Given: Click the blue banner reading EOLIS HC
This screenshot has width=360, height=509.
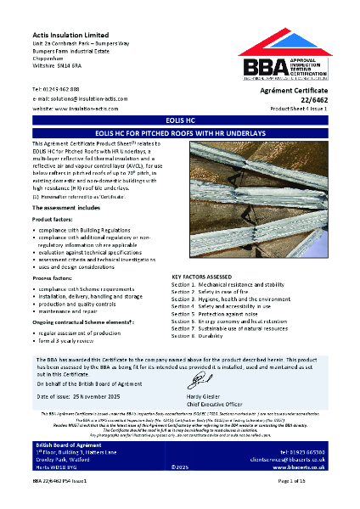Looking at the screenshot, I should (x=179, y=121).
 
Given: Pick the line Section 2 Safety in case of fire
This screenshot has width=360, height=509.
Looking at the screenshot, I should (x=222, y=291).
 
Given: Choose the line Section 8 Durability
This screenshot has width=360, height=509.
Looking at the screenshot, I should (x=210, y=336).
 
